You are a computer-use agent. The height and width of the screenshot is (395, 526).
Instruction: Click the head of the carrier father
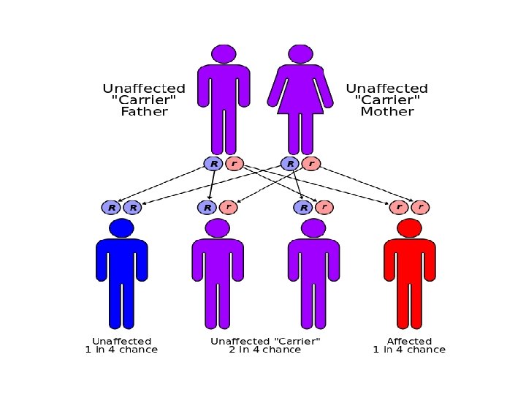224,53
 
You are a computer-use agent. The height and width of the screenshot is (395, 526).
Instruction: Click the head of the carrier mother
300,53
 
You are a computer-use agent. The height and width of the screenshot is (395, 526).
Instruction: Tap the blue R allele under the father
213,164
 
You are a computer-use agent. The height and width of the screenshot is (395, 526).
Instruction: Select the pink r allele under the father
234,164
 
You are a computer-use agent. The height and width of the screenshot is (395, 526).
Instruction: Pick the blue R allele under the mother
290,164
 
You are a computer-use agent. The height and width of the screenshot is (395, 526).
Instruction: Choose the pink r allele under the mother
311,164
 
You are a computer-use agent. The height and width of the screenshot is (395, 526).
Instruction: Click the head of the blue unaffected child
121,228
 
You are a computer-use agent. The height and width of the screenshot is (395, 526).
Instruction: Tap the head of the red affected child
409,228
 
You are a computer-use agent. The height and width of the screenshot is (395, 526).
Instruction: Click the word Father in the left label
144,112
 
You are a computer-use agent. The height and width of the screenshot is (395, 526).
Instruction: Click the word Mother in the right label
387,112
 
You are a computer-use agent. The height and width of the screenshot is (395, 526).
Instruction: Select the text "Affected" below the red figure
409,341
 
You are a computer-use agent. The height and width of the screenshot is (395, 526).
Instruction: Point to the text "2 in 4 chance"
264,350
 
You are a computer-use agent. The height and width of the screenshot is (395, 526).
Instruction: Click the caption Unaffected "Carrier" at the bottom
265,341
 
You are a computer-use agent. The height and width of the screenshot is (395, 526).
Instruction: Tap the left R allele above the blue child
111,208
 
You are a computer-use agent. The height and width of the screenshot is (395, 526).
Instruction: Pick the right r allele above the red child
420,208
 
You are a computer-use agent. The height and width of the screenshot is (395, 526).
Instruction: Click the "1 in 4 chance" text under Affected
409,350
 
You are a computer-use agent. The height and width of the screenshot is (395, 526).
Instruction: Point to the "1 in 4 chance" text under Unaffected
121,350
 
